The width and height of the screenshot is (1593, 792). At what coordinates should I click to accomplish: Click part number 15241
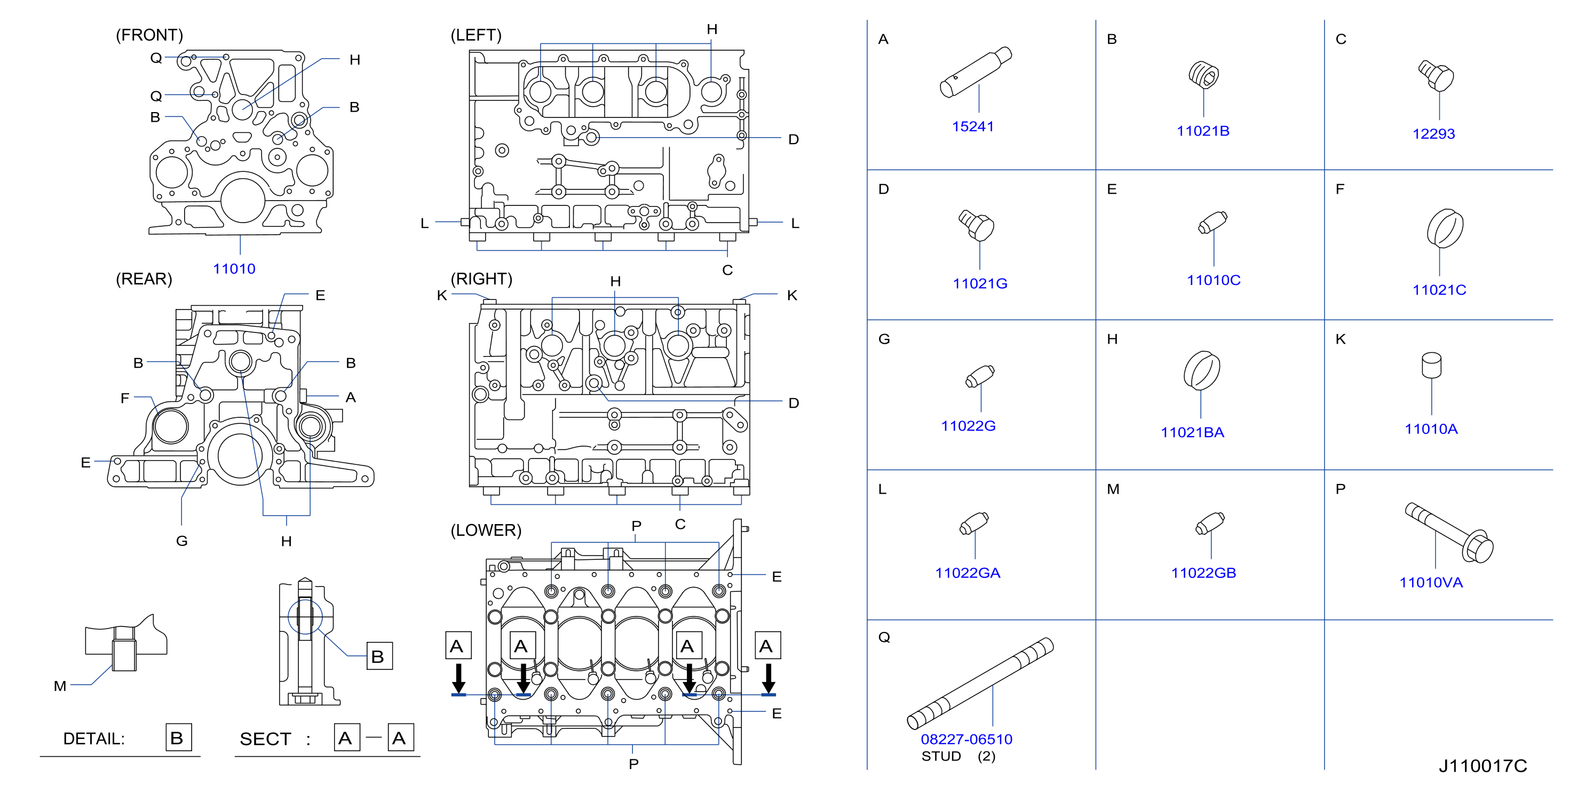click(x=973, y=126)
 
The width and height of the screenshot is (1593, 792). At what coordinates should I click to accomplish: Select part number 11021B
click(x=1203, y=131)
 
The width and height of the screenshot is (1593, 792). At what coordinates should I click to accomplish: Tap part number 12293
click(x=1433, y=134)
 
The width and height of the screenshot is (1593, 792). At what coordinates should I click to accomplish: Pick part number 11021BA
click(x=1192, y=433)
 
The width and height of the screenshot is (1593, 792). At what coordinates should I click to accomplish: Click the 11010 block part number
click(x=234, y=269)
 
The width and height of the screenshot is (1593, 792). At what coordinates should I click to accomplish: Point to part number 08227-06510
click(x=966, y=740)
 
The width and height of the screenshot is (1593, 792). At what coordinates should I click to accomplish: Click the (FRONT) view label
click(x=149, y=35)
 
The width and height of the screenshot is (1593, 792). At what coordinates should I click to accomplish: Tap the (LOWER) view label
click(x=486, y=530)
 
